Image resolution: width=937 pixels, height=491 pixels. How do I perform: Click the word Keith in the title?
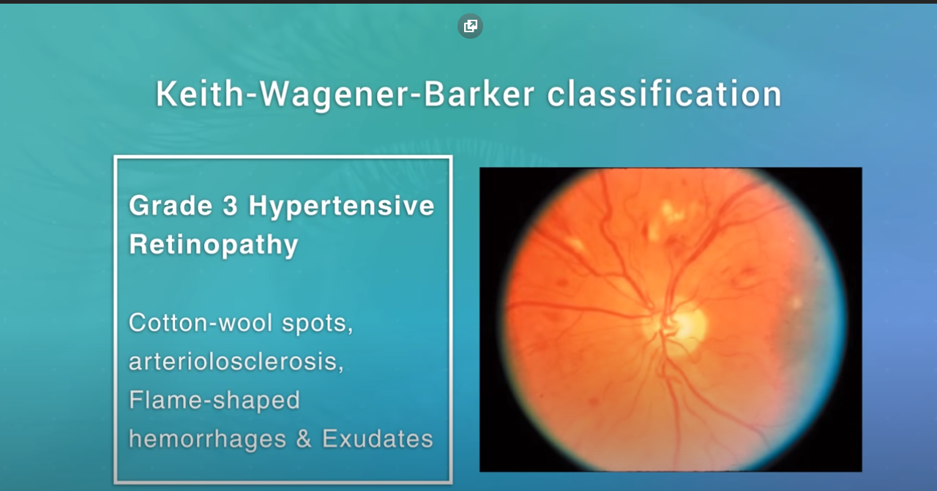point(200,94)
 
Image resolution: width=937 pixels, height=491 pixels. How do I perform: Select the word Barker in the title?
point(479,94)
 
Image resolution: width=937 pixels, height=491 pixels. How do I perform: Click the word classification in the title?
point(664,94)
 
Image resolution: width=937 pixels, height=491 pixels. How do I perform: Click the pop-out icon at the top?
point(470,26)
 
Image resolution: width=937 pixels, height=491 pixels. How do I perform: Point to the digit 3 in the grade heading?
point(230,206)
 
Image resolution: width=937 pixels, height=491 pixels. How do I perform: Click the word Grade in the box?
point(171,206)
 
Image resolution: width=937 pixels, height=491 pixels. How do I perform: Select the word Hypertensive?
point(341,206)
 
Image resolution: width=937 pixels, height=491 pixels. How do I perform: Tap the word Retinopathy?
point(213,245)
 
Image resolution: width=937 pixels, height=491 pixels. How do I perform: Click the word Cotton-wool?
point(201,323)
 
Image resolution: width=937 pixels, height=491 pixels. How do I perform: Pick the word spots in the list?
point(318,324)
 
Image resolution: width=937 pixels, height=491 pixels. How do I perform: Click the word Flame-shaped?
point(214,401)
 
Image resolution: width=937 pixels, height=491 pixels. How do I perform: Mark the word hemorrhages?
point(207,439)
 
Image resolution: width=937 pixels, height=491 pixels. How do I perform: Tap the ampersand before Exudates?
point(304,439)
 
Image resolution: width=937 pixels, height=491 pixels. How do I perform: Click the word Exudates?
point(377,439)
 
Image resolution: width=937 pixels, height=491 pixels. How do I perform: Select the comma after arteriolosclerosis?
point(340,368)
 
